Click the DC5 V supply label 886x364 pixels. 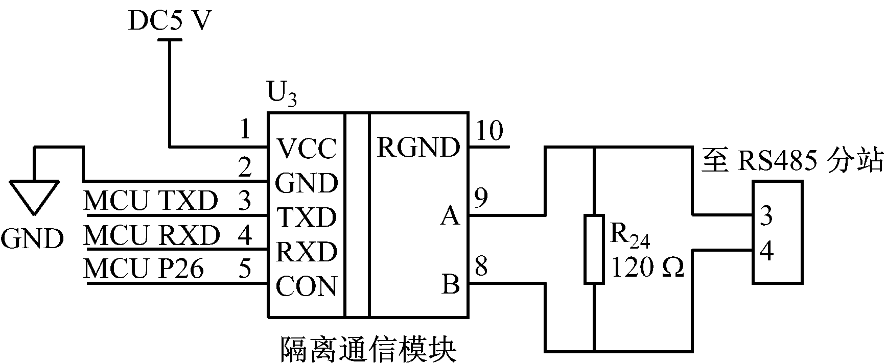[169, 21]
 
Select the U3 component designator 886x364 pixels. [282, 96]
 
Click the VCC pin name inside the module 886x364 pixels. [307, 149]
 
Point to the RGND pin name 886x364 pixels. [418, 148]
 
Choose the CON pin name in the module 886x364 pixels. [307, 286]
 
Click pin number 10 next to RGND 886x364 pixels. [489, 131]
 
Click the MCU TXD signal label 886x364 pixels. [151, 201]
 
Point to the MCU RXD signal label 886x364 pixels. [152, 235]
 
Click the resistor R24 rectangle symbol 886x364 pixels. [594, 249]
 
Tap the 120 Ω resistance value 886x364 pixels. [647, 267]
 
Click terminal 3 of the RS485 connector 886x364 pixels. [766, 216]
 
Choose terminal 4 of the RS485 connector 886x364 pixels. [766, 251]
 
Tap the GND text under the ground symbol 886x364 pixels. [32, 238]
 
